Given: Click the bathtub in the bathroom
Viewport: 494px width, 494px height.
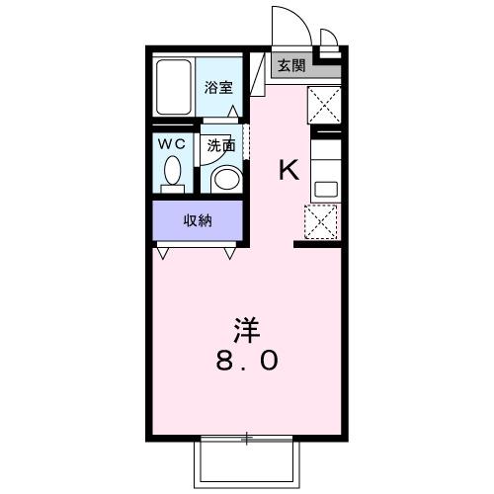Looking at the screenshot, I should (175, 86).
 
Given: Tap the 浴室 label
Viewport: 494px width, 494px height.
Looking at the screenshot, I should (219, 86).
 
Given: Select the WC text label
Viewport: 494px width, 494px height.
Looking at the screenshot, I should (173, 142).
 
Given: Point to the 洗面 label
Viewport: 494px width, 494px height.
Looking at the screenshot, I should (220, 145).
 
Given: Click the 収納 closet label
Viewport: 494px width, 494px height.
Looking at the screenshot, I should (198, 219).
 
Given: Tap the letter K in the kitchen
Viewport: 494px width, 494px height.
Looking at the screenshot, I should (288, 170).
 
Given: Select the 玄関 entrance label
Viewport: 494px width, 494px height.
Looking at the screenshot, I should (291, 67).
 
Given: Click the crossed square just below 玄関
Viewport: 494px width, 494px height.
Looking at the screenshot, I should (324, 104).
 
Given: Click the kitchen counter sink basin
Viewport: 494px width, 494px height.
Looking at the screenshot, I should (323, 188).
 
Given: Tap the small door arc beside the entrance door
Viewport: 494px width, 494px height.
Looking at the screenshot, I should (328, 39).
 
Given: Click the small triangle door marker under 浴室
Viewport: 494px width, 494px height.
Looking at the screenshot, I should (234, 115).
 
